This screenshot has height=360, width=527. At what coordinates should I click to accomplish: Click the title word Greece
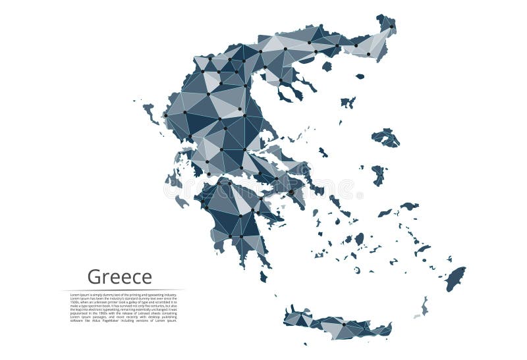pos(119,277)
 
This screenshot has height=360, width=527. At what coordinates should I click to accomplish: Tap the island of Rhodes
pos(455,278)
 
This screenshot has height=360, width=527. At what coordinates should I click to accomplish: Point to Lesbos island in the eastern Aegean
pos(385,138)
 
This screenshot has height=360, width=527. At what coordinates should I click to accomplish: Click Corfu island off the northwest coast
pos(150,111)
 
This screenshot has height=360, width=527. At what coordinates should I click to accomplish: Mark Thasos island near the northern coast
pos(327,66)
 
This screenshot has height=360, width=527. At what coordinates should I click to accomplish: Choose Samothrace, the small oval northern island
pos(360,76)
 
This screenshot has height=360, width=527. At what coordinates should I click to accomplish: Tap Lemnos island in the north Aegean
pos(348,102)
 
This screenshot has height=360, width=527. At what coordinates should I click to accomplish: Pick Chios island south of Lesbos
pos(378,174)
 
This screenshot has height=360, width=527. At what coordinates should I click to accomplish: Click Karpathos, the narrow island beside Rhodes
pos(424,305)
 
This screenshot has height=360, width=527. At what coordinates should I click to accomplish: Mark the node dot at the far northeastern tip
pos(391,26)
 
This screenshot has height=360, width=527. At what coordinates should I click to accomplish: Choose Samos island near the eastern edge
pos(408,206)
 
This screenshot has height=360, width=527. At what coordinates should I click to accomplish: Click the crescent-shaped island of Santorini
pos(356,270)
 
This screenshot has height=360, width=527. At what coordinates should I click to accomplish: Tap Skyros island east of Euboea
pos(323,152)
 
